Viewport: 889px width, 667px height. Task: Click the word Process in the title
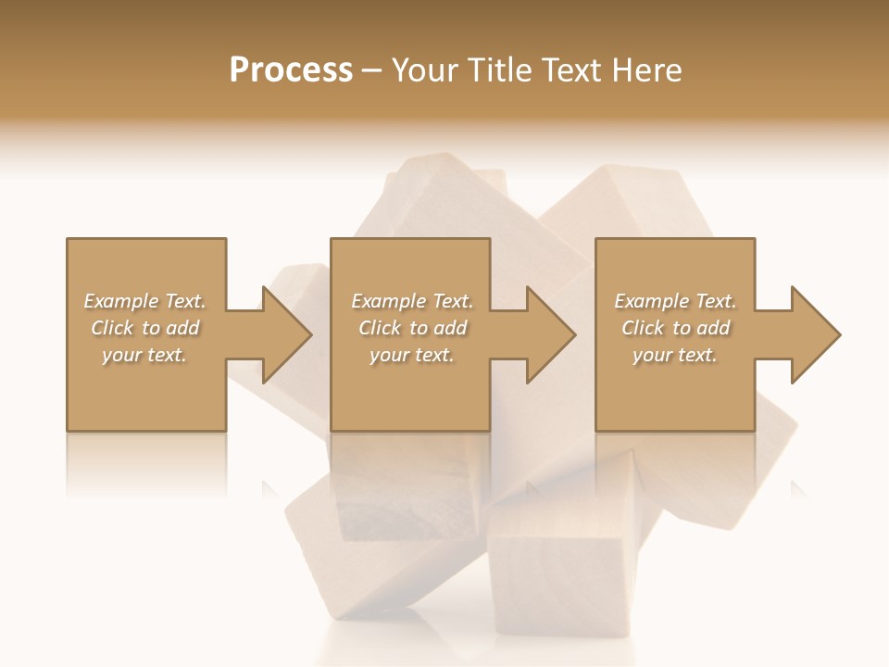coord(291,70)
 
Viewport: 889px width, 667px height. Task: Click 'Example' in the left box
coord(121,301)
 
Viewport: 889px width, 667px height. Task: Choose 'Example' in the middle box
coord(388,301)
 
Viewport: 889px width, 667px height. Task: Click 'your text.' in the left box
coord(144,355)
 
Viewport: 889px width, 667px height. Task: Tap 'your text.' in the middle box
coord(411,355)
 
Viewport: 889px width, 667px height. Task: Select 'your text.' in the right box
coord(675,355)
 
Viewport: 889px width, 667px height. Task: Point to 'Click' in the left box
coord(112,328)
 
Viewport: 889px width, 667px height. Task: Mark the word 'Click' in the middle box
coord(380,328)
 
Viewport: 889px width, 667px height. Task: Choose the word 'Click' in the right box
coord(643,328)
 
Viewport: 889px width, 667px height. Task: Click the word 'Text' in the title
coord(570,70)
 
